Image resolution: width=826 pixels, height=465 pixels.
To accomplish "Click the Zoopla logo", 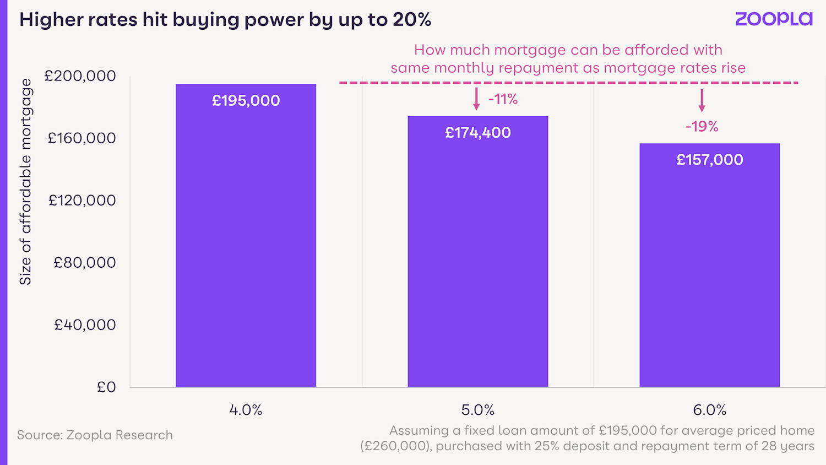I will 774,19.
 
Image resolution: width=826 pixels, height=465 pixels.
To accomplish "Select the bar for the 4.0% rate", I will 246,248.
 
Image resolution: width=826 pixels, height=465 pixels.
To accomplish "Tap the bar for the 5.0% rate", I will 477,259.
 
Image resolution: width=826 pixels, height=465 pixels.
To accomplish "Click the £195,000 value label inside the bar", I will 246,101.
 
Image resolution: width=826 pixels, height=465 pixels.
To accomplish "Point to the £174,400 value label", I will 477,133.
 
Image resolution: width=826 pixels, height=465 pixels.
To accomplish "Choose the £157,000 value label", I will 709,160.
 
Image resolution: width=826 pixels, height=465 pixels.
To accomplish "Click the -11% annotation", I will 503,99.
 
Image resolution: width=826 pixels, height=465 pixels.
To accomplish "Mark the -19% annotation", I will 702,127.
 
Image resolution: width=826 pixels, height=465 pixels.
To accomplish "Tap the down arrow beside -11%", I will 476,99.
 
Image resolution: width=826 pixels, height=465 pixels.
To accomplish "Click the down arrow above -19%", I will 702,101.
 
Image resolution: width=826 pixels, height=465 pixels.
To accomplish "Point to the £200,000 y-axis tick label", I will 80,76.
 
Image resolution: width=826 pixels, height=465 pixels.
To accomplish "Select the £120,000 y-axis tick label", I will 82,201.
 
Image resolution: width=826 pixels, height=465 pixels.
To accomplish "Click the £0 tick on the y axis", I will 106,387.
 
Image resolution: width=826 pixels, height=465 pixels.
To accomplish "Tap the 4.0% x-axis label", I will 246,410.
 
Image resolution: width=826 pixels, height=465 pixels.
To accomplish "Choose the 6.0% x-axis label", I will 709,410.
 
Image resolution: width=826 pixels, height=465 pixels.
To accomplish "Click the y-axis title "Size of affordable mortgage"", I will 25,182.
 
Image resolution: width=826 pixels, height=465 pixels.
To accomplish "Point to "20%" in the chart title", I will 411,20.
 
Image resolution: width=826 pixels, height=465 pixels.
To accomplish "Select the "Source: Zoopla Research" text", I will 95,435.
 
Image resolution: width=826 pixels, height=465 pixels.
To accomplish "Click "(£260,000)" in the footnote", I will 395,446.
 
